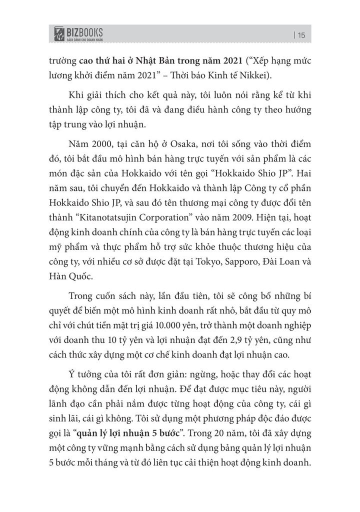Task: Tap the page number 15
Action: (x=300, y=34)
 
